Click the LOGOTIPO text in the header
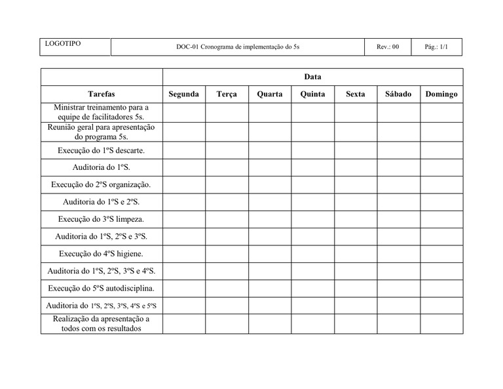point(63,43)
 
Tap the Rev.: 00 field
point(388,47)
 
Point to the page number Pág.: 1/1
point(436,47)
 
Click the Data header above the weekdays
point(312,77)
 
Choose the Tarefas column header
point(102,94)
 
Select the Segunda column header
point(183,94)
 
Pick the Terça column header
point(227,94)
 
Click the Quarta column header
point(270,94)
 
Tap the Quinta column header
point(312,94)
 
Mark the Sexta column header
point(356,94)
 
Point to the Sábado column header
point(398,94)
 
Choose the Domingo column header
point(441,94)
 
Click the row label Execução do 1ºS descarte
point(102,150)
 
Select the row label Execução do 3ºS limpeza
point(102,219)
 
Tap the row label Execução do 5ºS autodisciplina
point(102,288)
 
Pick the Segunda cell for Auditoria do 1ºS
point(183,167)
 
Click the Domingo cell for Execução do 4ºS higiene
point(441,253)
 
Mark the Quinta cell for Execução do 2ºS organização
point(312,184)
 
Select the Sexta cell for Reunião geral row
point(356,132)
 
